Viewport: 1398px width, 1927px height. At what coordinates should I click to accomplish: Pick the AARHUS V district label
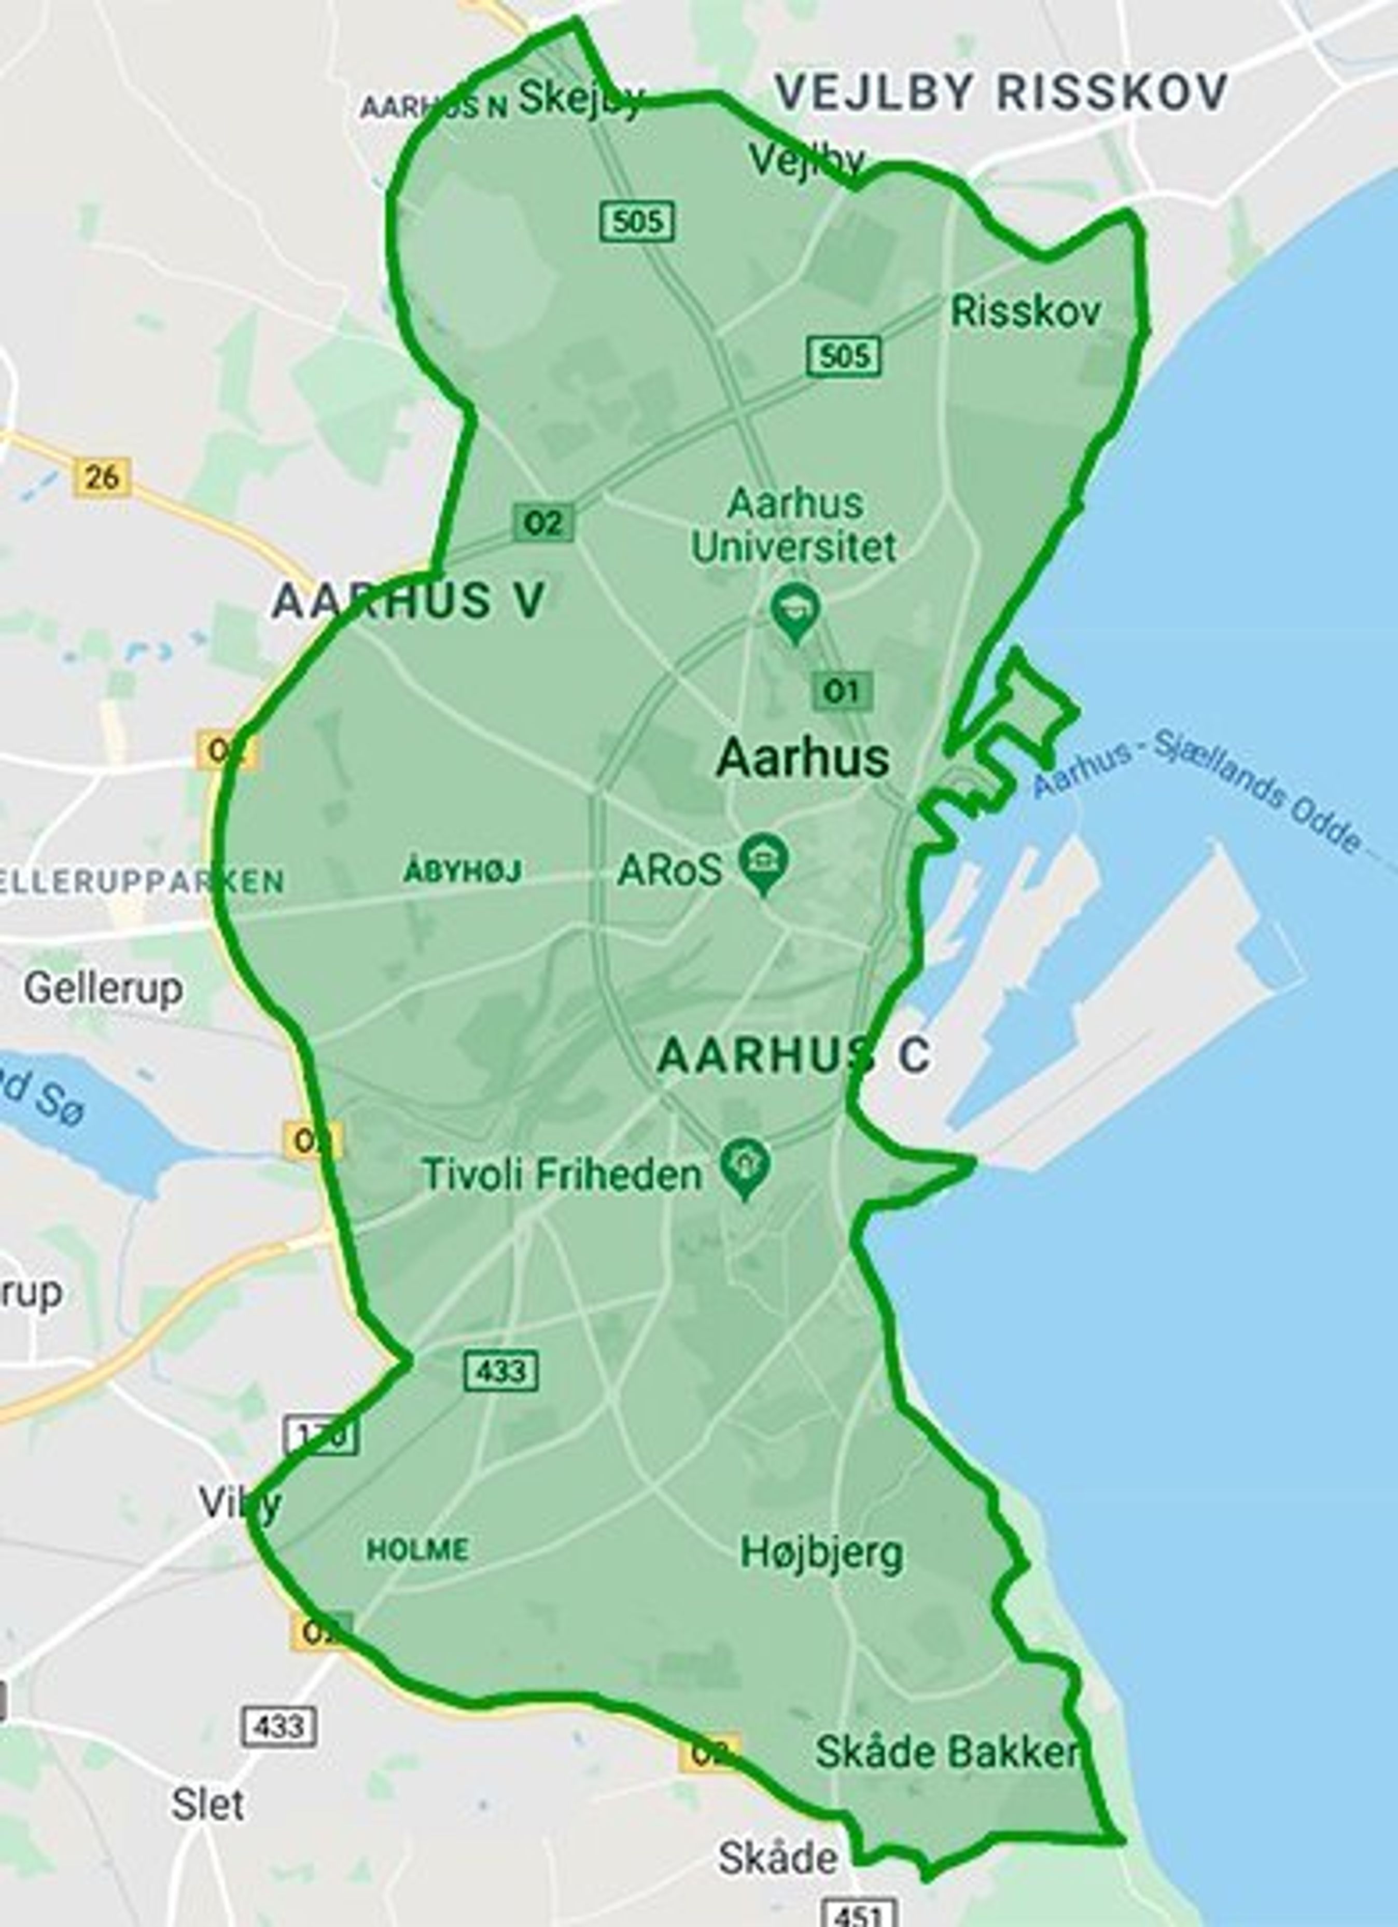pos(409,601)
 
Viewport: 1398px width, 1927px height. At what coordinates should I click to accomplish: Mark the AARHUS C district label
pos(794,1055)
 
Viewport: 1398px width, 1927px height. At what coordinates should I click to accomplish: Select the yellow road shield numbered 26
pos(102,477)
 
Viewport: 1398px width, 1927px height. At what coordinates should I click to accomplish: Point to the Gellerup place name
pos(103,988)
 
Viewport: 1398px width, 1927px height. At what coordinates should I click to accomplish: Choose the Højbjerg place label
pos(821,1553)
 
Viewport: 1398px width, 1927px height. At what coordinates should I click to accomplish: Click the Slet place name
pos(208,1805)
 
